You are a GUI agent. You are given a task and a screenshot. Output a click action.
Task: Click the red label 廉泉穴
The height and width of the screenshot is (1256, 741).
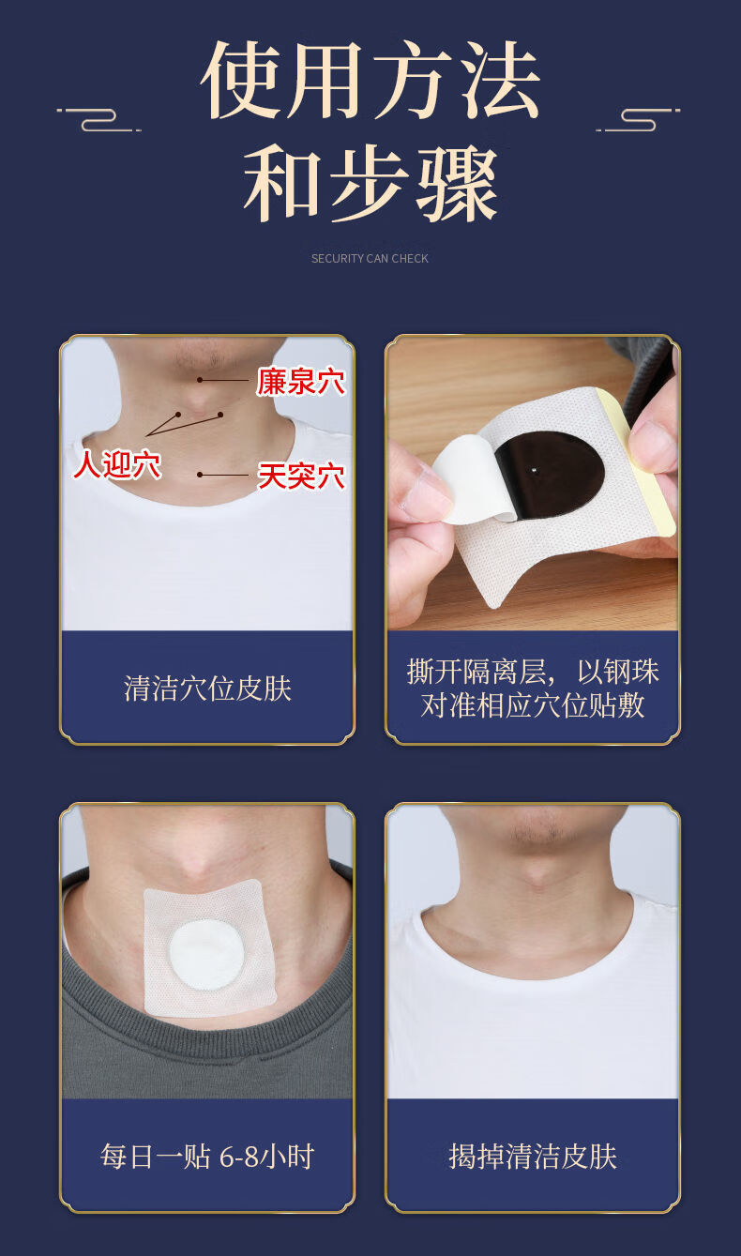point(301,382)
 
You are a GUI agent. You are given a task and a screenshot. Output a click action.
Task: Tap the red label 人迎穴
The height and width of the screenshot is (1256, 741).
point(117,464)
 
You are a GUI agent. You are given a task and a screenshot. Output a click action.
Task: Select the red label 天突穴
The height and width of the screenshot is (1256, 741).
point(301,477)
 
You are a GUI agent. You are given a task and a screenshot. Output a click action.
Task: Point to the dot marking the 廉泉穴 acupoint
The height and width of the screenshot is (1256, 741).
point(200,379)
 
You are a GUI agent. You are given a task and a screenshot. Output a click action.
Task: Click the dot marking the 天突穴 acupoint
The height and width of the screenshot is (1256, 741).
point(200,475)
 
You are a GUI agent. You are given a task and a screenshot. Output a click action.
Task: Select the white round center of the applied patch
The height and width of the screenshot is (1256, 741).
point(207,953)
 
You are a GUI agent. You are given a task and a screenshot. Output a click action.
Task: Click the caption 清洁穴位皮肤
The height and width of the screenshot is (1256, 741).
point(207,689)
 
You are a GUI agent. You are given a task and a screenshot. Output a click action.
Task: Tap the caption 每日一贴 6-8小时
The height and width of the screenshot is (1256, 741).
point(207,1157)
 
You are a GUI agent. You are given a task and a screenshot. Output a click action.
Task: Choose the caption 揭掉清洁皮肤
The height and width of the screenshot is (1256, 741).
point(533,1157)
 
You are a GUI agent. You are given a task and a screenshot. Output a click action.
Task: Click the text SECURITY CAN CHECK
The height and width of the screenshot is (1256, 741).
point(370,259)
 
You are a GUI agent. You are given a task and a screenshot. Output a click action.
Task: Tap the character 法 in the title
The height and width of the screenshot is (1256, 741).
point(498,82)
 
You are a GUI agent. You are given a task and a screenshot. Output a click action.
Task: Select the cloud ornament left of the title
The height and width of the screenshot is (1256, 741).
point(98,119)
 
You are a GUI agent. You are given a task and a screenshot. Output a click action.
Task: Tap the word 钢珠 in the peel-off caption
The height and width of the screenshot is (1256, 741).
point(630,672)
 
